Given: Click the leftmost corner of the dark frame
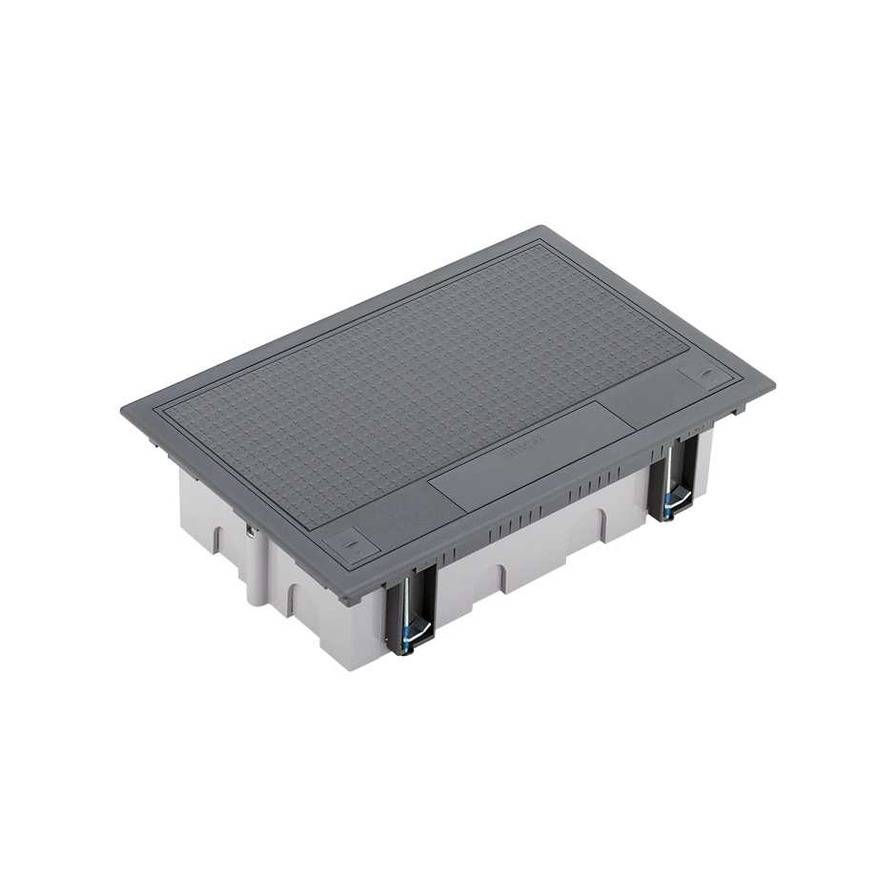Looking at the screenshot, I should tap(122, 410).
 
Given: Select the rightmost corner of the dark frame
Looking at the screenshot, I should tap(773, 383).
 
